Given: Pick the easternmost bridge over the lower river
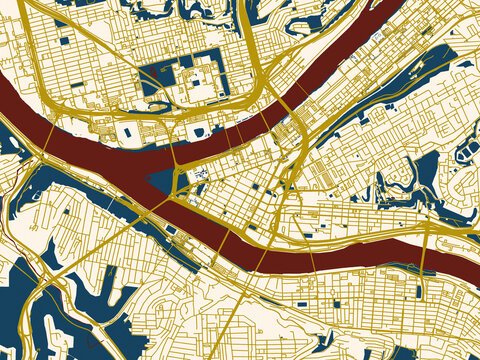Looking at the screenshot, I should pyautogui.click(x=428, y=246).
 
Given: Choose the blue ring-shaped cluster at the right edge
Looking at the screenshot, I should pyautogui.click(x=467, y=150).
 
